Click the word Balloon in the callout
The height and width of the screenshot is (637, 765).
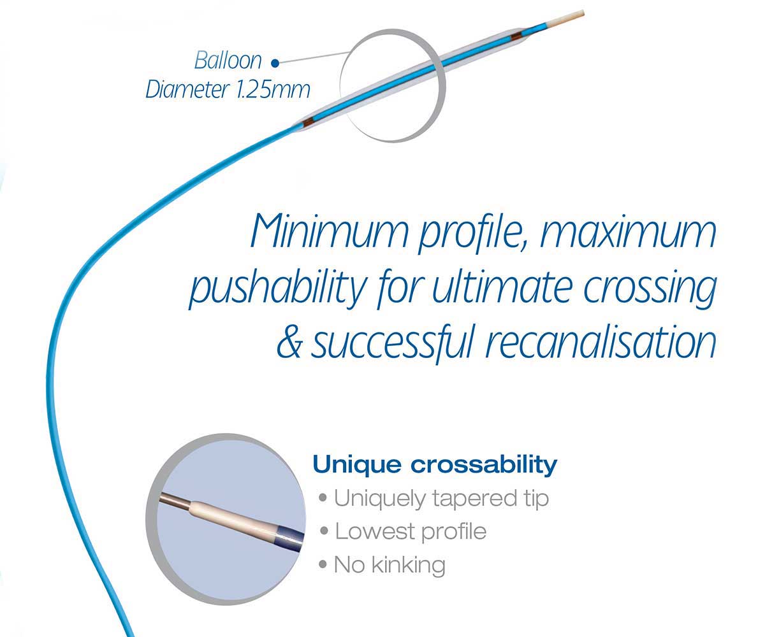(x=228, y=61)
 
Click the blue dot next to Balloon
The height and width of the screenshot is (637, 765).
(x=275, y=64)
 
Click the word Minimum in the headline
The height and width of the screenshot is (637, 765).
(x=329, y=231)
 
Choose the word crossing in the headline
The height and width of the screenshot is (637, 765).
(x=650, y=290)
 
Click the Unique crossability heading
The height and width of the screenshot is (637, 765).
(x=435, y=464)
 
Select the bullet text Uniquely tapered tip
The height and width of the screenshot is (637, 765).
(x=441, y=498)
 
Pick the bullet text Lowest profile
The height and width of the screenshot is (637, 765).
(x=411, y=531)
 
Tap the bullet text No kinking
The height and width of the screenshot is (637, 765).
(x=390, y=565)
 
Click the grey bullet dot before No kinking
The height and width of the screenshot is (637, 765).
(x=323, y=564)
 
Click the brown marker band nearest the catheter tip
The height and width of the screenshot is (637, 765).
(x=516, y=36)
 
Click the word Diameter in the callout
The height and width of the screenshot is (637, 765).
(x=187, y=89)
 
